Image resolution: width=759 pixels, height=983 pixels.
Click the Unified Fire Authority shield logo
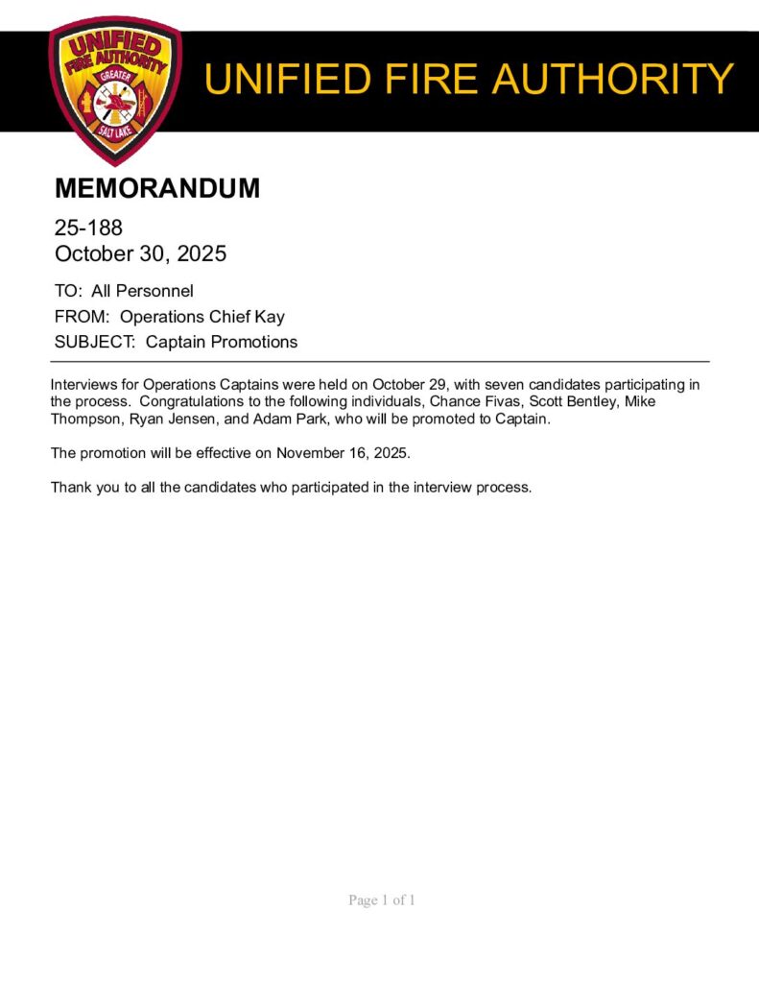point(114,88)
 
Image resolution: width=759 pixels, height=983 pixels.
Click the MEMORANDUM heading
point(157,189)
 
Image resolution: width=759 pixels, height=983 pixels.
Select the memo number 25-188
point(88,228)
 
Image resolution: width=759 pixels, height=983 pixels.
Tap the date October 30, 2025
point(140,254)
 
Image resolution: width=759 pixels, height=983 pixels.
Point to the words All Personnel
point(142,291)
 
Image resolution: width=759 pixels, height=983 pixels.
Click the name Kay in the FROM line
point(270,317)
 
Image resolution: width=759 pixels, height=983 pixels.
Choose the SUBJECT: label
point(96,342)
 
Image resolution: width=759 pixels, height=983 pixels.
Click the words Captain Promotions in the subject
point(222,342)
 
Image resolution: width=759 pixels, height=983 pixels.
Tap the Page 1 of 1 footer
point(381,900)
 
